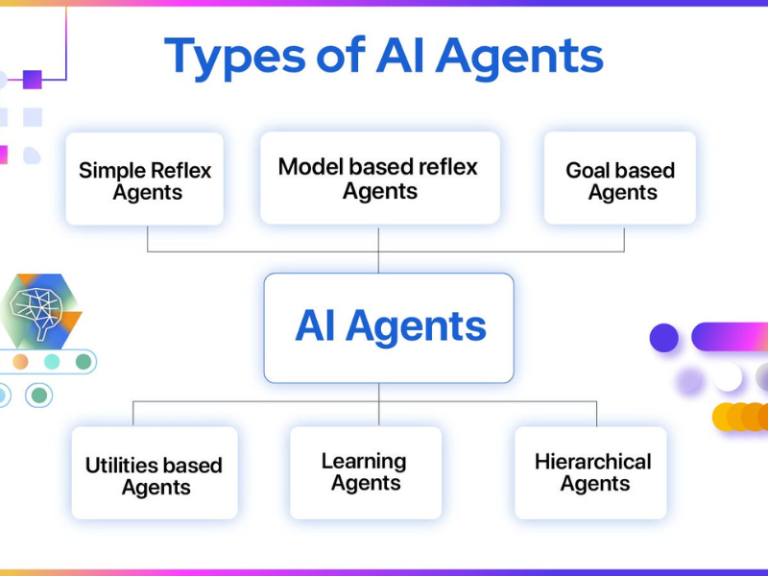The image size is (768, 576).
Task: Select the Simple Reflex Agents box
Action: click(x=145, y=180)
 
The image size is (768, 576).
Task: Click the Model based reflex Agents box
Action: click(x=379, y=179)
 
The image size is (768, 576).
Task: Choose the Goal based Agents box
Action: click(x=620, y=180)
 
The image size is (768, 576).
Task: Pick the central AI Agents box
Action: click(x=389, y=327)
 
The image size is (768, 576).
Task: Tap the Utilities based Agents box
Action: click(x=155, y=473)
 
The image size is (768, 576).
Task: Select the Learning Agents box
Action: click(x=366, y=472)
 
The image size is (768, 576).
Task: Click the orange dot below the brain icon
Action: click(x=20, y=362)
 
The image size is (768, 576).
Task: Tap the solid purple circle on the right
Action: click(x=664, y=338)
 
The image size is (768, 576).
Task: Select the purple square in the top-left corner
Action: click(x=33, y=80)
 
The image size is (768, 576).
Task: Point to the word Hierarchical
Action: click(x=592, y=462)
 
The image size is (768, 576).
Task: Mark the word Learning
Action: click(x=364, y=462)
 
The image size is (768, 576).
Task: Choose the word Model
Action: click(x=307, y=167)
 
